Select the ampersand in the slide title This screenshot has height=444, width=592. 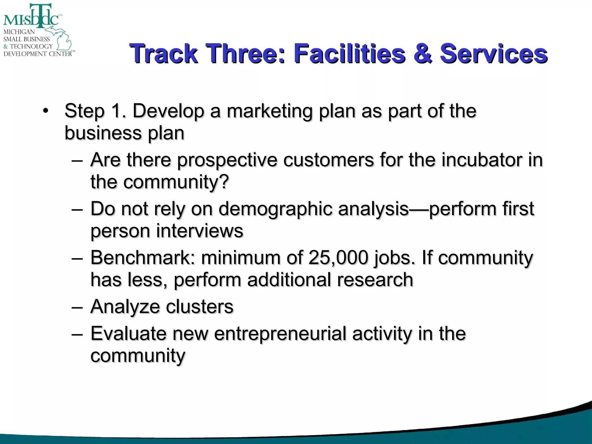tap(423, 53)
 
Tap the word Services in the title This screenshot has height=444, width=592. tap(493, 53)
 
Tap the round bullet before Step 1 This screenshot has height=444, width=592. tap(45, 111)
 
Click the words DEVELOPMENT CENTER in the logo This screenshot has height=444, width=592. tap(38, 54)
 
